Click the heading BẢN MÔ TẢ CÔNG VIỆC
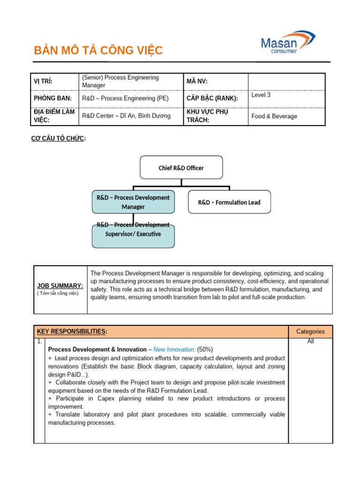click(98, 51)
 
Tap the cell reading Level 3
click(261, 95)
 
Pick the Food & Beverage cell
click(274, 116)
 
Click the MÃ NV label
click(197, 82)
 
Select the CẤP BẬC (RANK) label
click(212, 98)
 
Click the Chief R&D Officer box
click(181, 168)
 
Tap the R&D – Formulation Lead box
click(229, 202)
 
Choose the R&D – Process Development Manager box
click(133, 202)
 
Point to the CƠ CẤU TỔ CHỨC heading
click(58, 138)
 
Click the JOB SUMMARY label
click(60, 285)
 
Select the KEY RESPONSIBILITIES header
click(72, 331)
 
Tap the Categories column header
click(310, 331)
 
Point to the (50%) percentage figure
click(205, 349)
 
